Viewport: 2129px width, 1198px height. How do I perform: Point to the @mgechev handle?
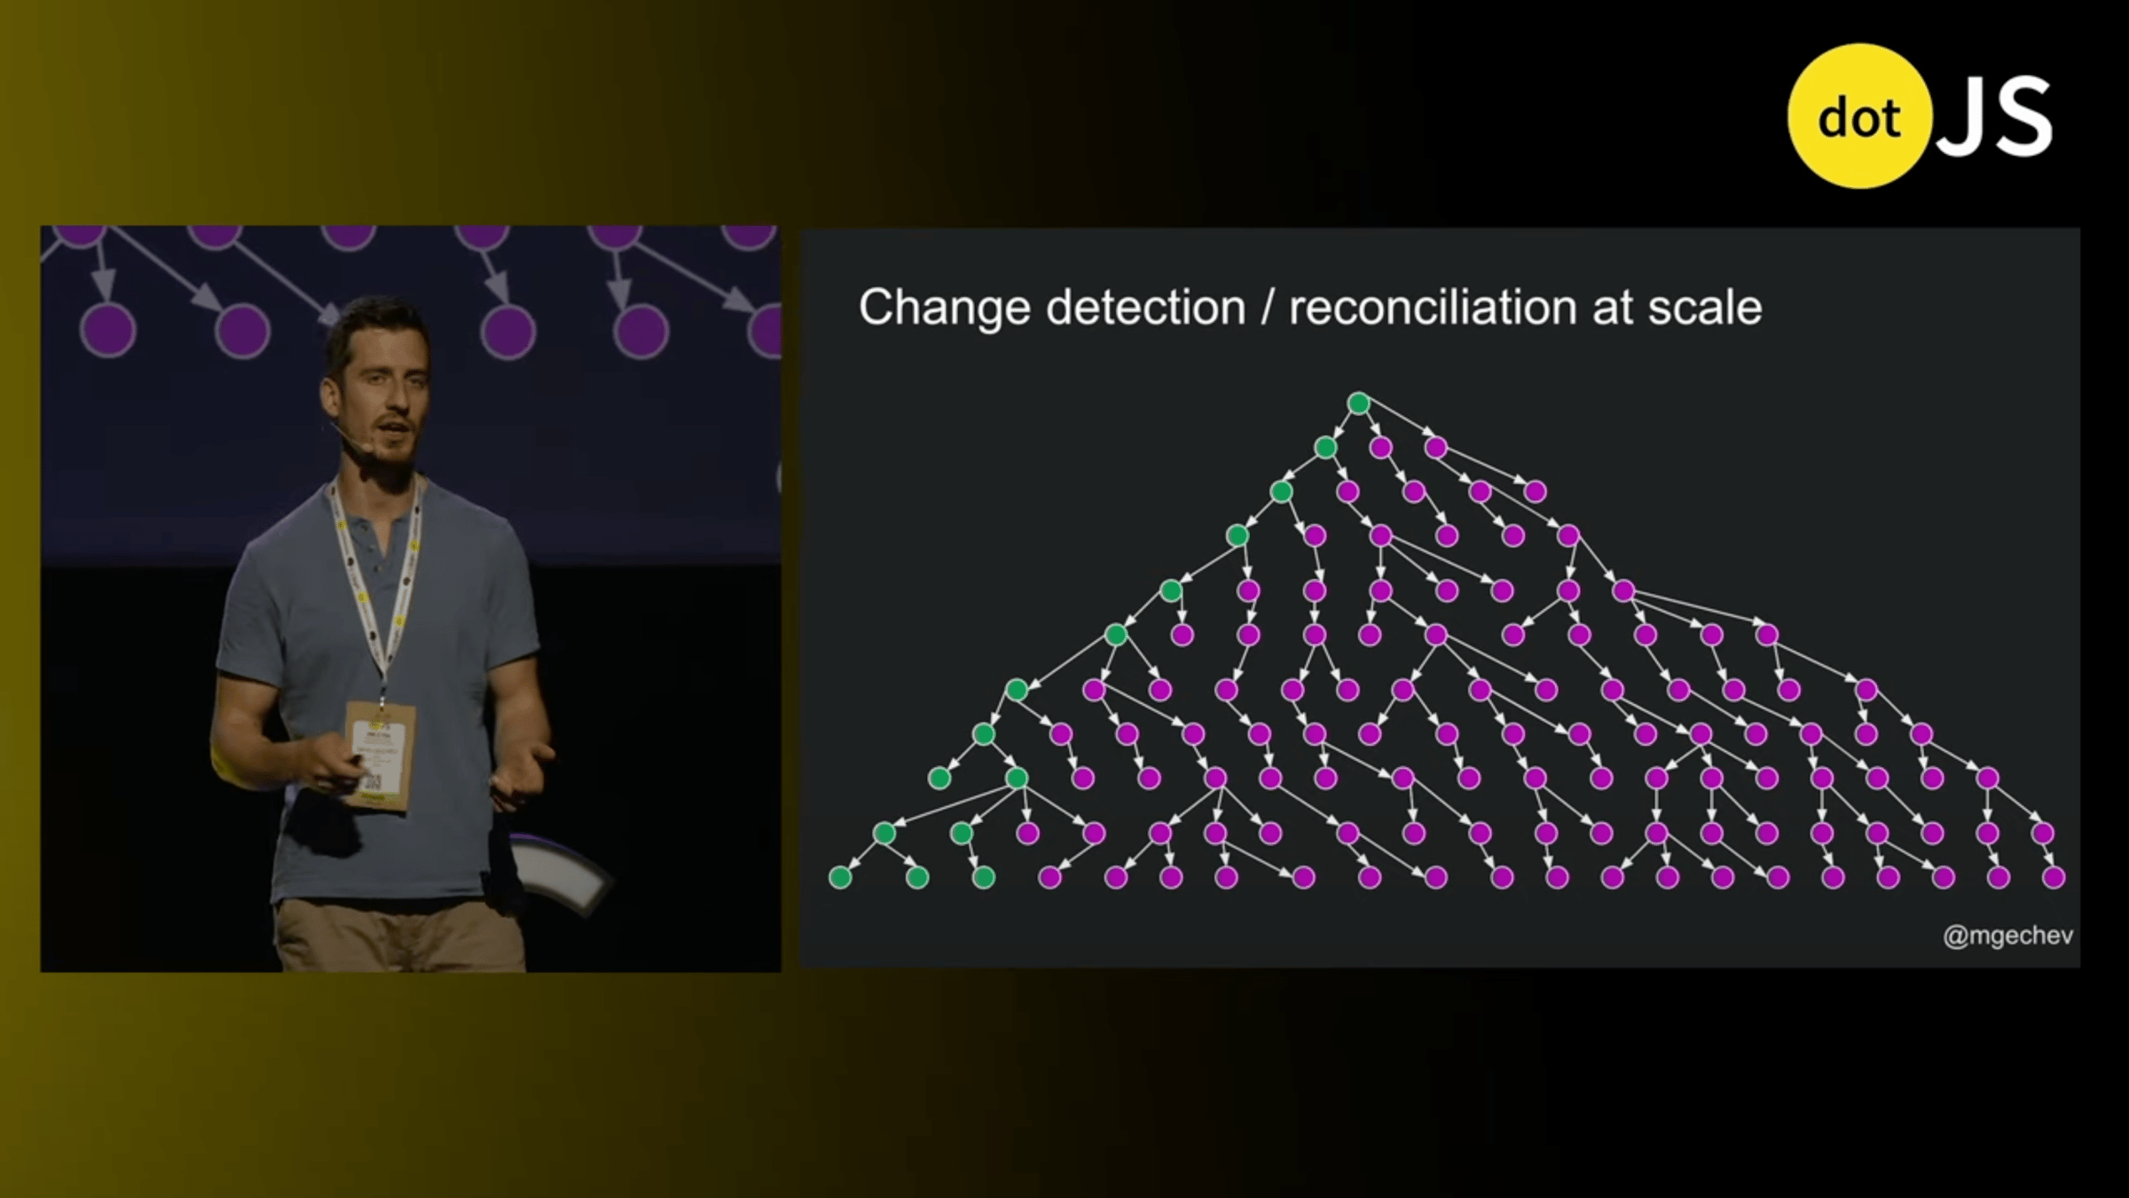(2007, 936)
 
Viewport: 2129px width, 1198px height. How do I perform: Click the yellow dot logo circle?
(1859, 116)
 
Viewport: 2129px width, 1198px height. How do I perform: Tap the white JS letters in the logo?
(1994, 117)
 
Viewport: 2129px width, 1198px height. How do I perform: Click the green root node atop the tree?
(1358, 403)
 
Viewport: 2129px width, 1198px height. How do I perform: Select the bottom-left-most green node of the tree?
(840, 877)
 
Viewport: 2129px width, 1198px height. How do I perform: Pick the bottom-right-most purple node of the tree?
(2054, 877)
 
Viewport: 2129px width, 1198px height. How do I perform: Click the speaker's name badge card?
(380, 755)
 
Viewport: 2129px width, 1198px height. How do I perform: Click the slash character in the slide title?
(1267, 309)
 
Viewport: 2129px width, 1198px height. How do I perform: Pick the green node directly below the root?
(1325, 447)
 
